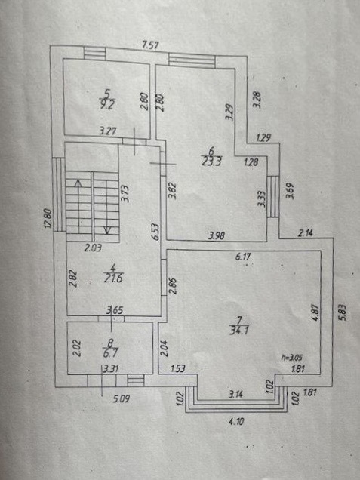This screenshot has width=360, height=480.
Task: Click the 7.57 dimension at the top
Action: pos(151,45)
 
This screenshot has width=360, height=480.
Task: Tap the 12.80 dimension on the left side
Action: pos(48,218)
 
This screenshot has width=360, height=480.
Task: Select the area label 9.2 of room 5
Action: pos(107,105)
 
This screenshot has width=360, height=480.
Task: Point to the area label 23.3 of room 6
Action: pos(211,161)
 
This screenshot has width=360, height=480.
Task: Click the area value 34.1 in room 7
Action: pos(239,331)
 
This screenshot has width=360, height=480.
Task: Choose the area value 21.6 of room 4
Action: pos(113,278)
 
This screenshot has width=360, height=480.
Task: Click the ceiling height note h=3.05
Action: pos(292,357)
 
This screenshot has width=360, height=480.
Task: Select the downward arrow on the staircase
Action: pos(107,208)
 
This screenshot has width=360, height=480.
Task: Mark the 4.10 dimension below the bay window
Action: pos(236,422)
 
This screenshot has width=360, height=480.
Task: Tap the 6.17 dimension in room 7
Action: pos(243,257)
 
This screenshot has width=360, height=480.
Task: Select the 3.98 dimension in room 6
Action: pos(217,235)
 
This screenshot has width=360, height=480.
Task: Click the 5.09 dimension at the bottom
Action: pos(122,399)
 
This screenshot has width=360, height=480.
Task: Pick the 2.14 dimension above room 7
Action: pos(306,233)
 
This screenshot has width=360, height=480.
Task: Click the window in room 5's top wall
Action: pos(95,54)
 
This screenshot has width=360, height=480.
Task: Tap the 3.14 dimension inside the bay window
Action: pos(235,394)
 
